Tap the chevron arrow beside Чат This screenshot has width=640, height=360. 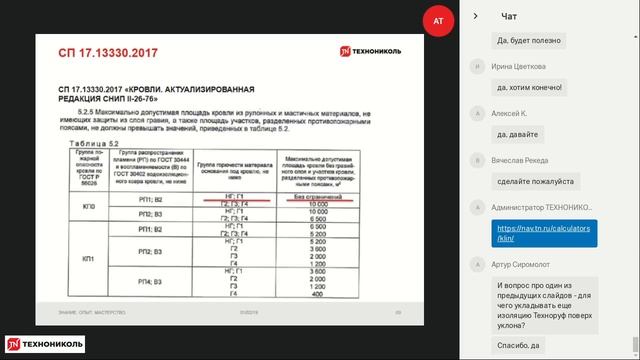475,16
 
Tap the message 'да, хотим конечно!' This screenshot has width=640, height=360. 531,86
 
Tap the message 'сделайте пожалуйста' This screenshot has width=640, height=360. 537,181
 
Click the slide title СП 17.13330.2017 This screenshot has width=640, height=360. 97,49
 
